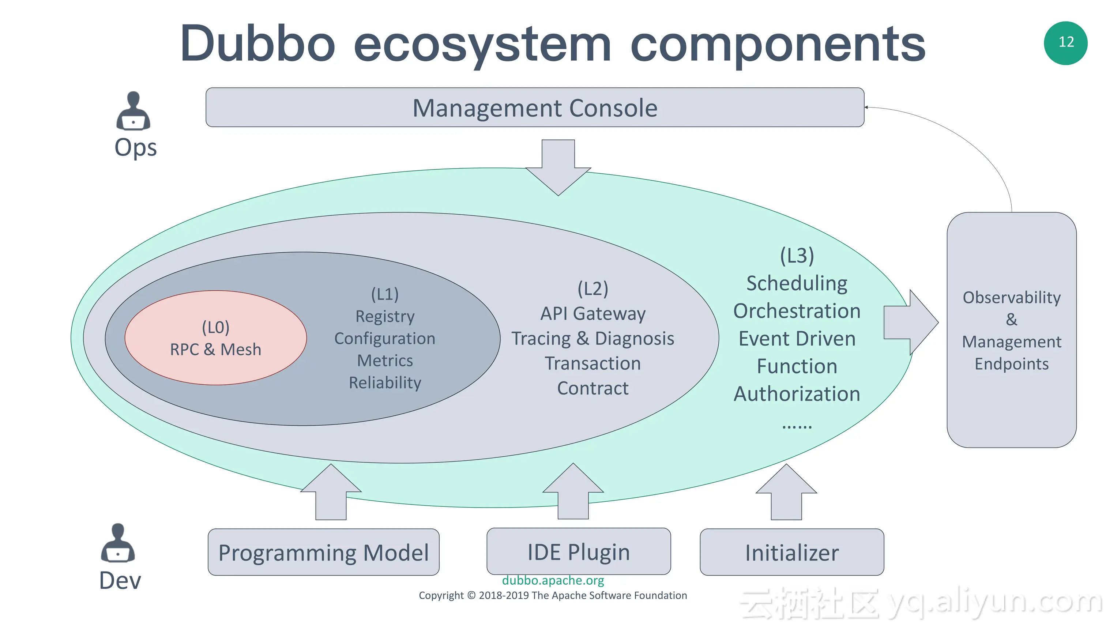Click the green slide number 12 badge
(1066, 43)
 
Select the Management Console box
(535, 107)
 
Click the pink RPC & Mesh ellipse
(215, 338)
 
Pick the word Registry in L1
(385, 316)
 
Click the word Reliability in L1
(385, 382)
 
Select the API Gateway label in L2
(593, 313)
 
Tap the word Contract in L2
(593, 388)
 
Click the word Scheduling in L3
(797, 284)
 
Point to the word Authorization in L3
(797, 393)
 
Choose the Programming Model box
(323, 552)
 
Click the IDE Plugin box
(578, 551)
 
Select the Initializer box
(792, 552)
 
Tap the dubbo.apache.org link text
(553, 580)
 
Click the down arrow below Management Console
(558, 167)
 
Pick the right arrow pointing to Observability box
(911, 323)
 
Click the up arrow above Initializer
(786, 492)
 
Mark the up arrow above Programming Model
(331, 492)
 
